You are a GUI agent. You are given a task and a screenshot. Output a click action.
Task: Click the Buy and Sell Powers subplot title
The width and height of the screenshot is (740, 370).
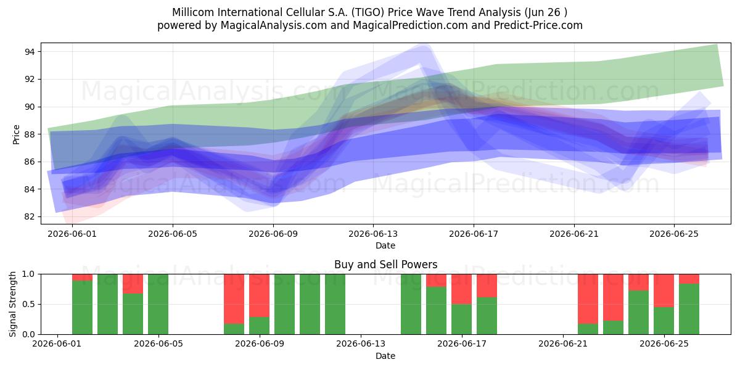tap(385, 265)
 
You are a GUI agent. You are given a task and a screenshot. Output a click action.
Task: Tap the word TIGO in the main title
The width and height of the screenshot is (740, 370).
tap(368, 12)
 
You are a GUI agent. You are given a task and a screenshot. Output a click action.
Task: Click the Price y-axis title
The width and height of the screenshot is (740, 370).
tap(16, 134)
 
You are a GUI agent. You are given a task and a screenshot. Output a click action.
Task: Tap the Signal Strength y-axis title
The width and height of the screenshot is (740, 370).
tap(12, 304)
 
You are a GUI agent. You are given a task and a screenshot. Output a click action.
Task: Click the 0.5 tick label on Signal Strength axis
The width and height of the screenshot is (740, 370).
tap(28, 304)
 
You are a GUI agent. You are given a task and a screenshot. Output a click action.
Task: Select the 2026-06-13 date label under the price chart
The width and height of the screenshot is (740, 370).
tap(373, 234)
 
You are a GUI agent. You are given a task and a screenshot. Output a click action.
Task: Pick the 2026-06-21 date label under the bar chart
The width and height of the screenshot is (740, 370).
tap(563, 344)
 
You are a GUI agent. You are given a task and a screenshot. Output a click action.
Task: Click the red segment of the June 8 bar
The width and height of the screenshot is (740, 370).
tap(234, 299)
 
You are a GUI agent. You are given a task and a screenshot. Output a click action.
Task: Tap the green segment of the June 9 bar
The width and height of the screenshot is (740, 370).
tap(260, 326)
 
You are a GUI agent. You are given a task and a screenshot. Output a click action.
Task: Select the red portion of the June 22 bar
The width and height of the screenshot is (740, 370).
tap(588, 299)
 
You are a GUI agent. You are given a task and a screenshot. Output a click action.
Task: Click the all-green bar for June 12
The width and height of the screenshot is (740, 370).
tap(335, 304)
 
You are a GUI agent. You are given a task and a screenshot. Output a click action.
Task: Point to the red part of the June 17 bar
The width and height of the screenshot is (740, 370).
tap(461, 289)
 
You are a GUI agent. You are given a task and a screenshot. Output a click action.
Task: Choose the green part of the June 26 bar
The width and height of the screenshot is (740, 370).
tap(689, 309)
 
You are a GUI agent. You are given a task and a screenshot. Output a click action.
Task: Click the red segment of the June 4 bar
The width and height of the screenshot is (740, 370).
tap(133, 284)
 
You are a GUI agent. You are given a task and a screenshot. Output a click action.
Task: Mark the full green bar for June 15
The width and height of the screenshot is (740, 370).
tap(411, 304)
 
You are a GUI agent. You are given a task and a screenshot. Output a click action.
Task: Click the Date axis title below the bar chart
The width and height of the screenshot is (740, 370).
tap(385, 356)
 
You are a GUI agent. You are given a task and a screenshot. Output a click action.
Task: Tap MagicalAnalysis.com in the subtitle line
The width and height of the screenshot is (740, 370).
tap(274, 25)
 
